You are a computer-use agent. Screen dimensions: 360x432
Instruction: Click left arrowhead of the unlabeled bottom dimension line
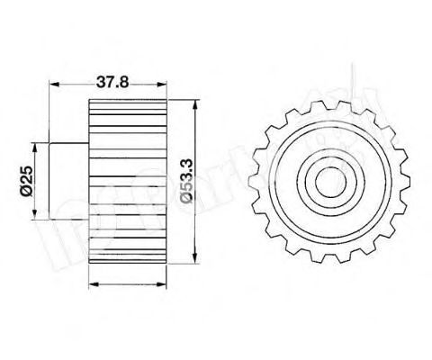pyautogui.click(x=94, y=284)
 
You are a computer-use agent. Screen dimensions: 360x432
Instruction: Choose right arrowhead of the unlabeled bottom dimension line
pyautogui.click(x=167, y=284)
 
